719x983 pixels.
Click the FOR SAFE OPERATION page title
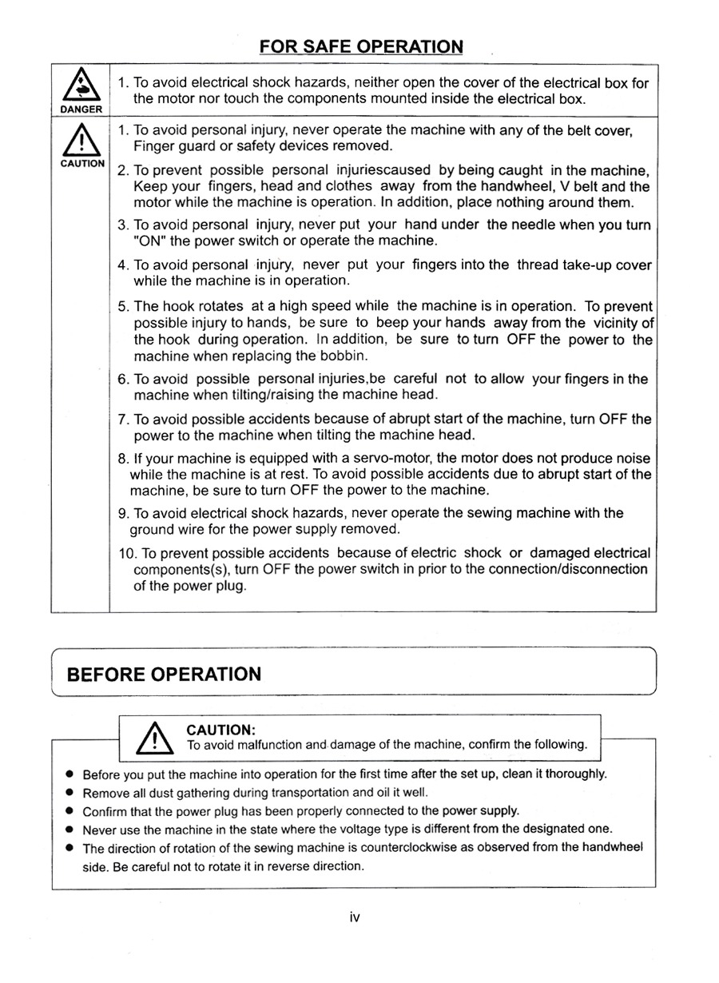360,46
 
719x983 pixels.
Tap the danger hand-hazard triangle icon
80,86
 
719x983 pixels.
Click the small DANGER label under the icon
80,109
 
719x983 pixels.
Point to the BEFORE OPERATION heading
164,674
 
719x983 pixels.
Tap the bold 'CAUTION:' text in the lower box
220,730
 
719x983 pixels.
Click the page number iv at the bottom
355,917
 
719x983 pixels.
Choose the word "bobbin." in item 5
344,356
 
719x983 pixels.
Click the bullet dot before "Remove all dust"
70,794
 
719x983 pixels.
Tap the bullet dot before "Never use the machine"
70,830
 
